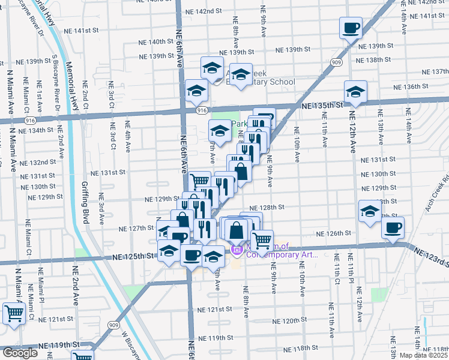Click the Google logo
click(x=20, y=353)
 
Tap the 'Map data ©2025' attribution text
click(x=424, y=355)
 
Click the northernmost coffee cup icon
click(x=351, y=28)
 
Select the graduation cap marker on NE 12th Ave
click(x=355, y=92)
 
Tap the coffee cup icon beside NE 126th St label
click(x=393, y=228)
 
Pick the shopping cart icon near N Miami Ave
click(x=13, y=313)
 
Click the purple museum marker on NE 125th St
click(x=237, y=250)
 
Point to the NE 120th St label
click(x=282, y=321)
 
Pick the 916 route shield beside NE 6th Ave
click(x=201, y=110)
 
